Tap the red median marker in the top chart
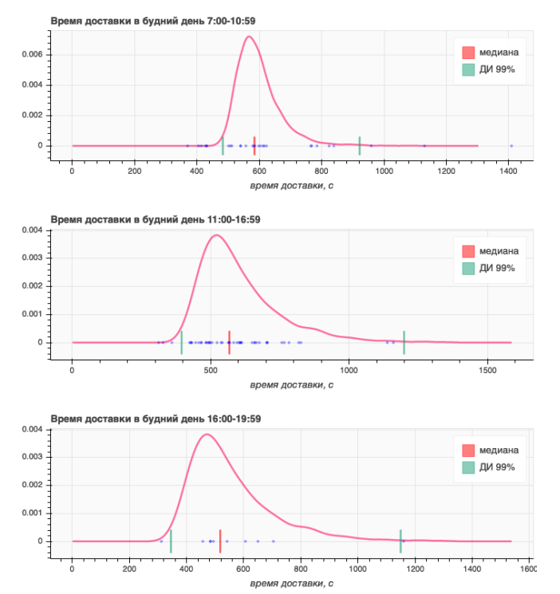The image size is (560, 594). (254, 145)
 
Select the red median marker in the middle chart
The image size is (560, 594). (229, 342)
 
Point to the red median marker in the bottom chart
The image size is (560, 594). (220, 541)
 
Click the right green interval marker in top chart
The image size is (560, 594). (360, 145)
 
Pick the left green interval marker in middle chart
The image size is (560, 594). (182, 342)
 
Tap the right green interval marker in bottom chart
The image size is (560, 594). (400, 541)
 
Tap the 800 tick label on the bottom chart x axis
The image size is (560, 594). (300, 569)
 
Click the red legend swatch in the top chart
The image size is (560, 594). (468, 53)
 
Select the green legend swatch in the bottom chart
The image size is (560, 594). (468, 466)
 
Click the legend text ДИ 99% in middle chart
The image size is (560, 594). (497, 268)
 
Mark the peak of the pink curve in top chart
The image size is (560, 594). (249, 36)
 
